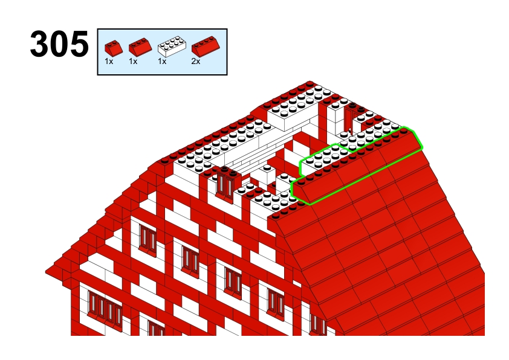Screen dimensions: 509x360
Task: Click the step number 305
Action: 59,43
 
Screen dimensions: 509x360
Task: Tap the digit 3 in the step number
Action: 40,43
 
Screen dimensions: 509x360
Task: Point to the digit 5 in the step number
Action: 79,43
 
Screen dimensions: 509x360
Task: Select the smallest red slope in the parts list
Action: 114,48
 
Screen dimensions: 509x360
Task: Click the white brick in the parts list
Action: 172,47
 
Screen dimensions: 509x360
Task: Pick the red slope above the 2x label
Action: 206,46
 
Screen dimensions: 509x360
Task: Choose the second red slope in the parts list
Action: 140,47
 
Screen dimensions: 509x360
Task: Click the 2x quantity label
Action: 196,61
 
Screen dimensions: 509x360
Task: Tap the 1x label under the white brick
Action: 162,61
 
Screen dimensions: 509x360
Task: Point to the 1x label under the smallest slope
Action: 109,61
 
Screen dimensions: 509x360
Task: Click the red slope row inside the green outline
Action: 357,166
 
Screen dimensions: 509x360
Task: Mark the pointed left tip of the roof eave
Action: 46,271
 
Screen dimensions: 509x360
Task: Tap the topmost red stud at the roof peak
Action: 310,84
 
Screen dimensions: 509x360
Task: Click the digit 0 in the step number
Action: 59,43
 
